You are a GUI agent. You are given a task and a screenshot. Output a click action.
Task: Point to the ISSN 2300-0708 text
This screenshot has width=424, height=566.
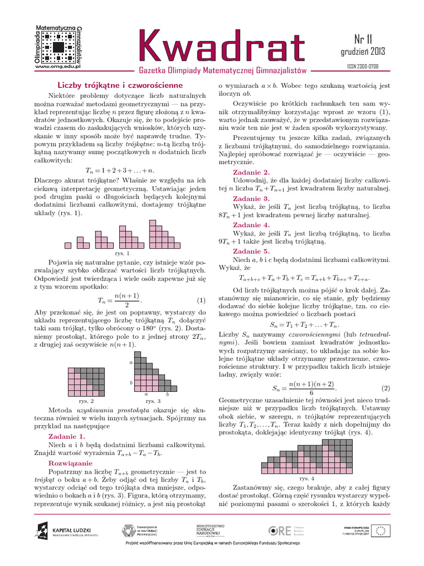pyautogui.click(x=362, y=66)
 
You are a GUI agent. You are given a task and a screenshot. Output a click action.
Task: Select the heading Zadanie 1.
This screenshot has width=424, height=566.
pyautogui.click(x=66, y=436)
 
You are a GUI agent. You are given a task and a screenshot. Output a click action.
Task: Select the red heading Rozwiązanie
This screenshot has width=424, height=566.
pyautogui.click(x=71, y=463)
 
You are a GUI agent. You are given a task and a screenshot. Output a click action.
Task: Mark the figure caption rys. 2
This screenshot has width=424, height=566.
pyautogui.click(x=86, y=400)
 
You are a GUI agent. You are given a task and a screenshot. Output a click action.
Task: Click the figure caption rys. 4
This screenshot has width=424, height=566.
pyautogui.click(x=306, y=478)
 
